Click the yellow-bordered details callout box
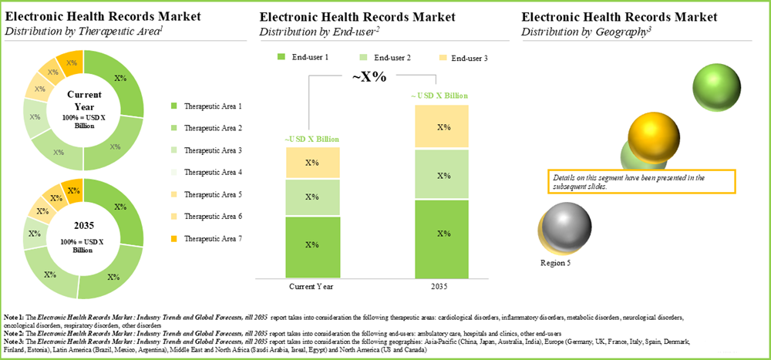coord(639,182)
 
